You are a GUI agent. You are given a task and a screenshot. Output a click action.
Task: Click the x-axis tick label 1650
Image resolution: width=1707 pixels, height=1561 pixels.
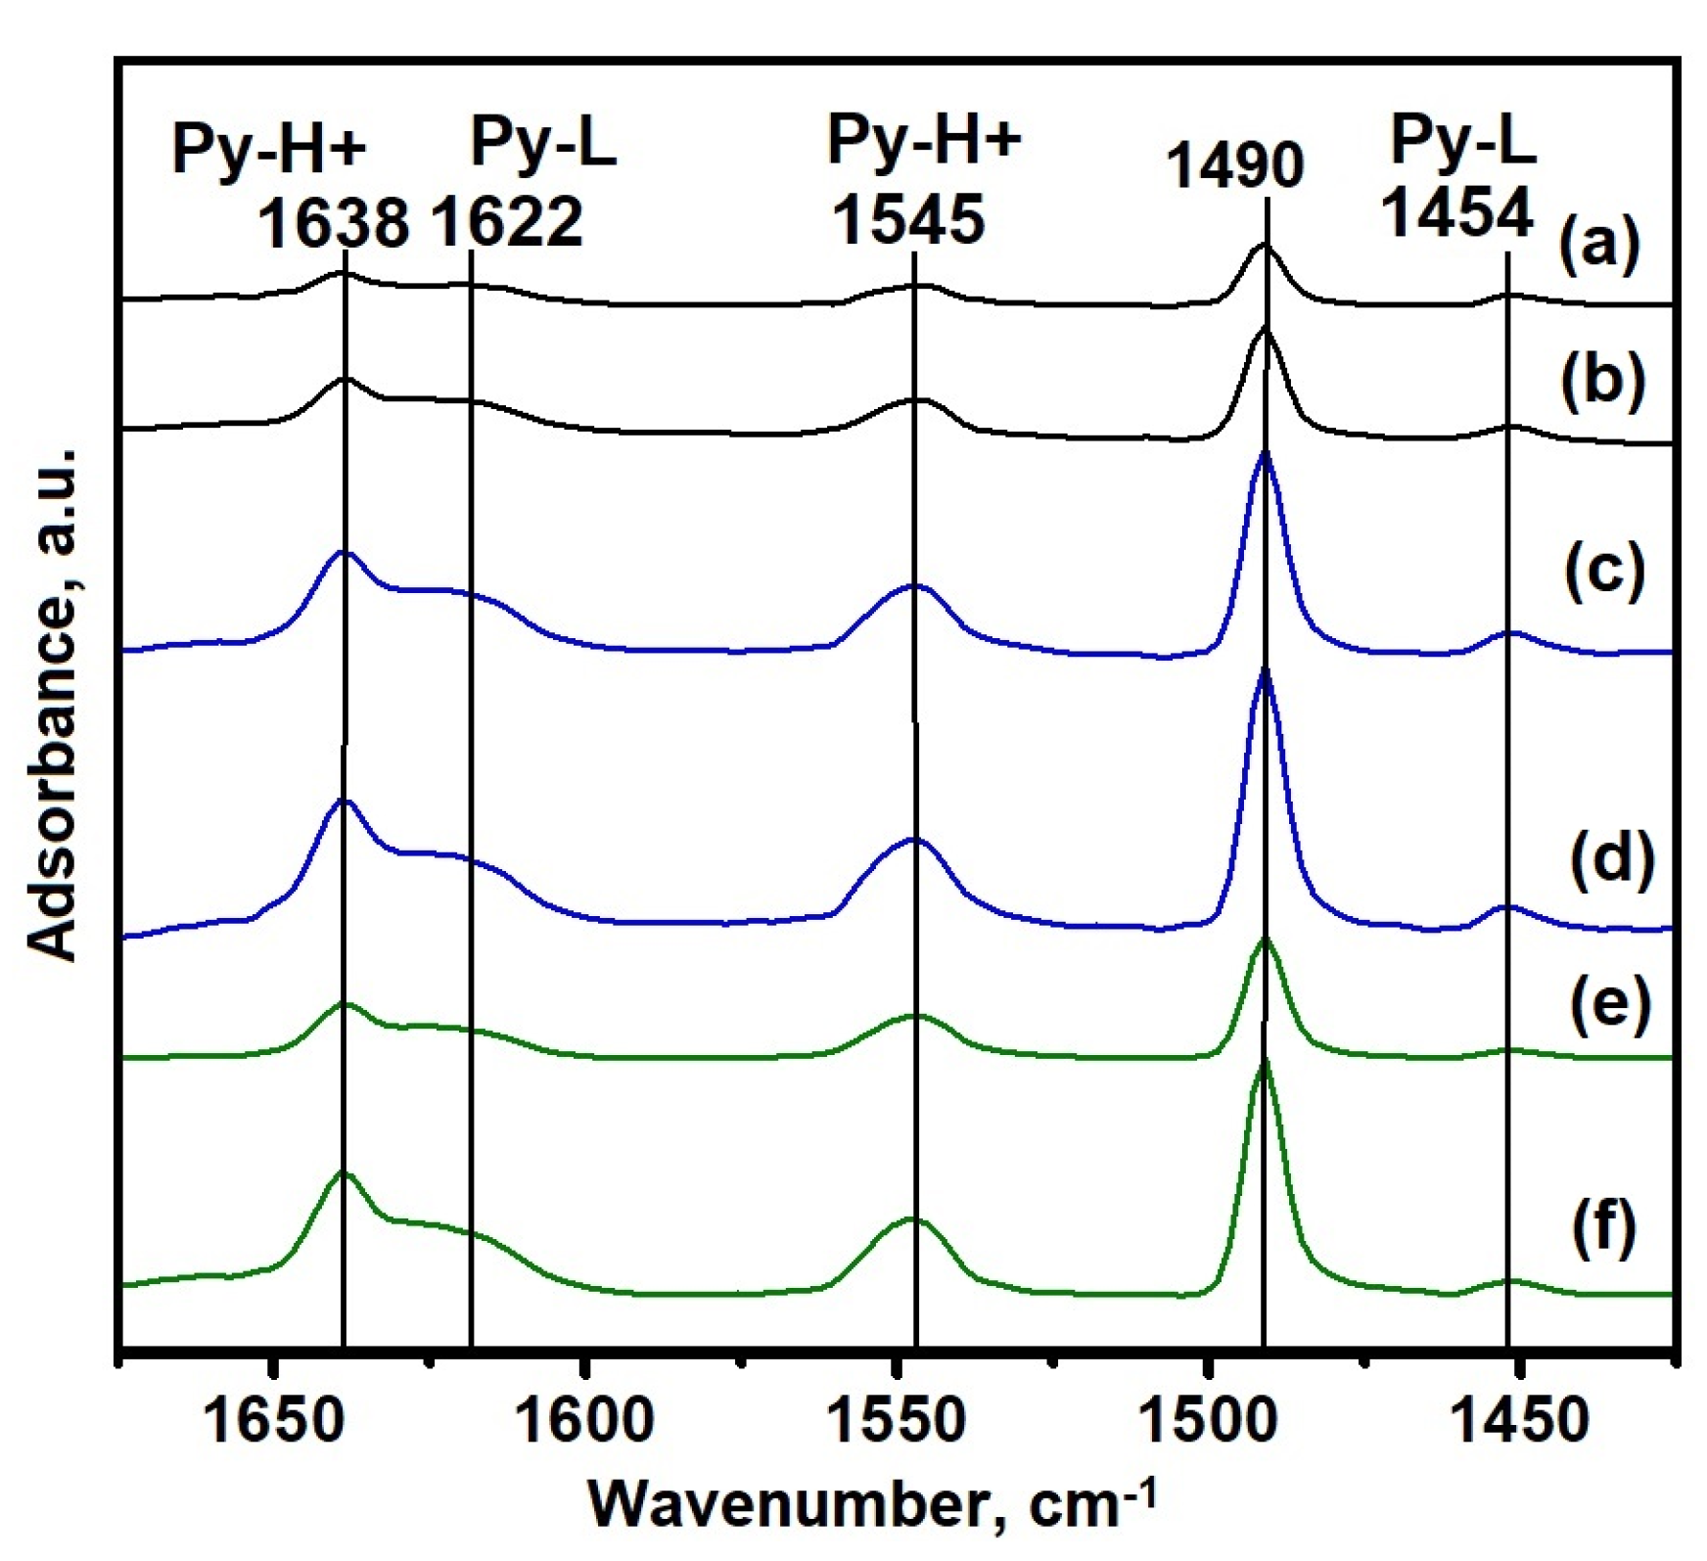point(275,1420)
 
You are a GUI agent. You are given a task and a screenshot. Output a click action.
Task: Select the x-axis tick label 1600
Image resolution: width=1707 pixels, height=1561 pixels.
point(583,1420)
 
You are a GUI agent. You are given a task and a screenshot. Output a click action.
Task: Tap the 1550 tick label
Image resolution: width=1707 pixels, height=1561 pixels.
point(896,1420)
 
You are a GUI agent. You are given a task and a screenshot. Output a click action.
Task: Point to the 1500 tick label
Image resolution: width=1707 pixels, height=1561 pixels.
point(1207,1420)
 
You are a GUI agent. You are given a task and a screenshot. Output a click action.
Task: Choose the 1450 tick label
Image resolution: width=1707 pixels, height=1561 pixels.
point(1518,1420)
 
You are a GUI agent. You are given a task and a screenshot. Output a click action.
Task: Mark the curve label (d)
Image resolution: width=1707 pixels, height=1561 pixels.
point(1611,858)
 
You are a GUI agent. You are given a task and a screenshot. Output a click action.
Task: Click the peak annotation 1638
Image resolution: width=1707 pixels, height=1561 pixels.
point(333,222)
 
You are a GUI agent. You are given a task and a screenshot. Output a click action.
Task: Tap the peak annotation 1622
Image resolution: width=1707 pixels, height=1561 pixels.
point(507,222)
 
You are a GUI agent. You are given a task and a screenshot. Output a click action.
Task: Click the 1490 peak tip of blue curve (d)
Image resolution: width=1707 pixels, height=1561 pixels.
point(1265,671)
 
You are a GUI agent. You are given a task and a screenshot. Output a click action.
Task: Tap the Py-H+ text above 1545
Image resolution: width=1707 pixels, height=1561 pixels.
point(924,140)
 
